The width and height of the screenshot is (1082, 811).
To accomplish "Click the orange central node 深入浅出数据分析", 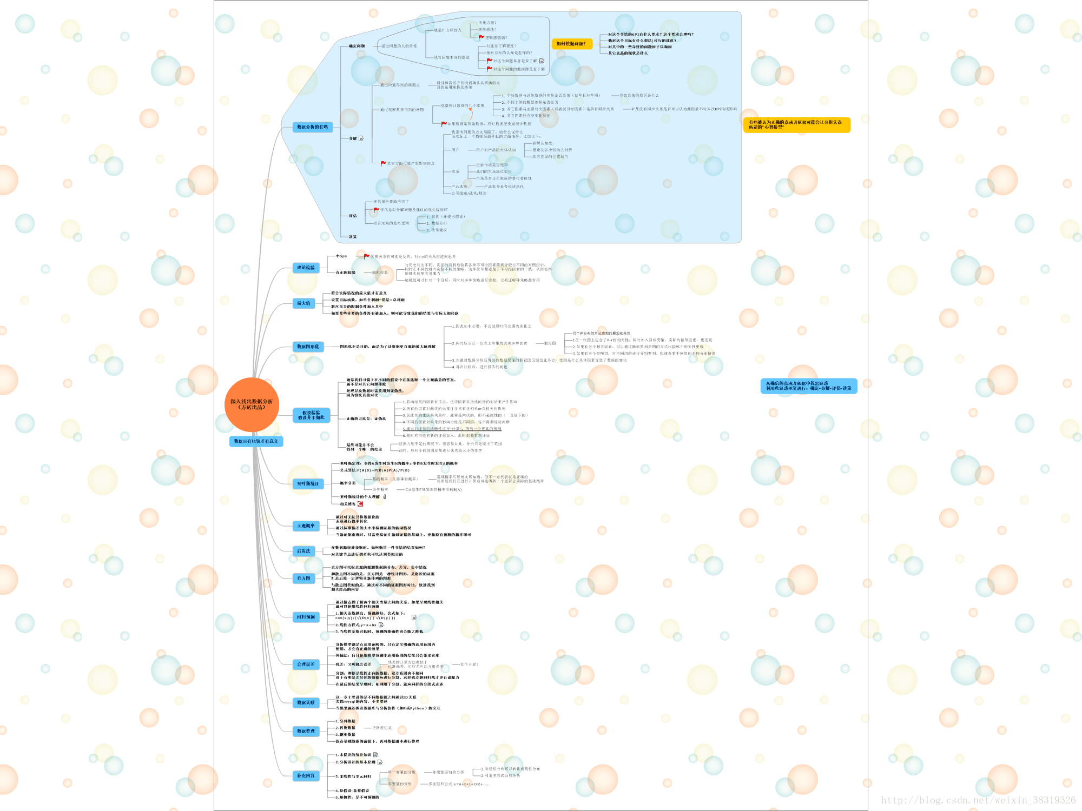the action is point(252,404).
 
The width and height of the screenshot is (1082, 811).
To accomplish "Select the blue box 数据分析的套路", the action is point(312,127).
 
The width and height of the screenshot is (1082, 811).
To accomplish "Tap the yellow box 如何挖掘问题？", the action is point(571,44).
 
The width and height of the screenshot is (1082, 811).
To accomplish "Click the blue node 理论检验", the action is point(306,268).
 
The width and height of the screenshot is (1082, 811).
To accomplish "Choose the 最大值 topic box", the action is point(304,303).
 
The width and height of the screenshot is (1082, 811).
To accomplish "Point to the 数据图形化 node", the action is point(308,347).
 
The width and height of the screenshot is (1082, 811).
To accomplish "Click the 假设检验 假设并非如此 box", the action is point(311,415).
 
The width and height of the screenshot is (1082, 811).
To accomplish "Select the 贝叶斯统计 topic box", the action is point(308,483).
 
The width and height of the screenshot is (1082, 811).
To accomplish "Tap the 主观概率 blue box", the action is point(306,526).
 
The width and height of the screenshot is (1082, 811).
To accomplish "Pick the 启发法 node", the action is point(304,551).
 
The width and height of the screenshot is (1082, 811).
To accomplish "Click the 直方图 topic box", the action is point(304,578).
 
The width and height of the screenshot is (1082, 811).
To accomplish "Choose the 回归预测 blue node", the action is point(306,617).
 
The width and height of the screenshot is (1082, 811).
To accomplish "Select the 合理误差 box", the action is point(306,664).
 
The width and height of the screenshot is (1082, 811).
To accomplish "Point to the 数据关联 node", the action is point(306,703).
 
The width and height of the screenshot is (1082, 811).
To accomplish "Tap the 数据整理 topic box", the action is point(306,731).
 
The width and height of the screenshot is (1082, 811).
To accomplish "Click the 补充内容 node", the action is point(306,776).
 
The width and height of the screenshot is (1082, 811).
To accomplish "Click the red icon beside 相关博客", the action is point(360,504).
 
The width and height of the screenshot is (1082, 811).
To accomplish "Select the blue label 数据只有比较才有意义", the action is point(256,441).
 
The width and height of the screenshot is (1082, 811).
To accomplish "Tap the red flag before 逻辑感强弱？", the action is point(481,38).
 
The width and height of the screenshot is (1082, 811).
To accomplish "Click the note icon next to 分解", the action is point(361,138).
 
